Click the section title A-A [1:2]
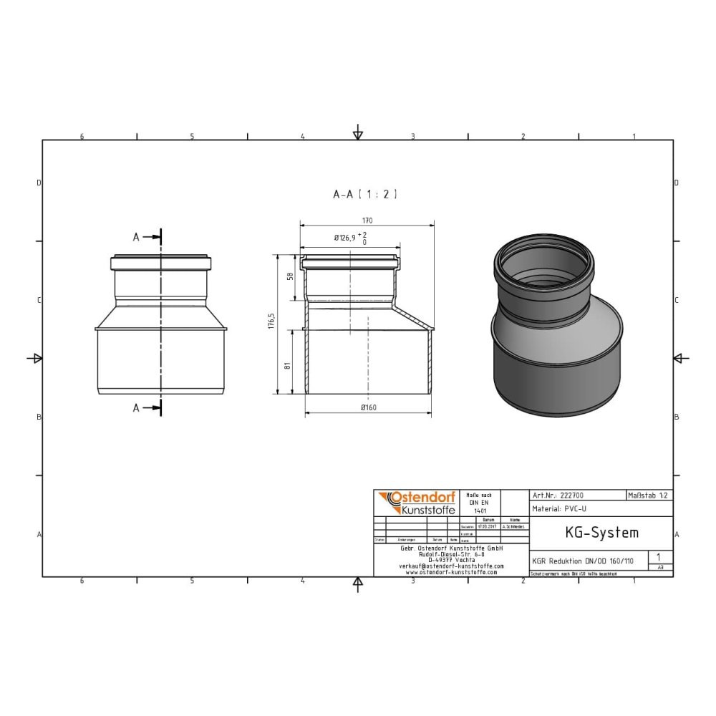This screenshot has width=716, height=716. tap(364, 194)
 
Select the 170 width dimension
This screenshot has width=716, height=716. tap(367, 221)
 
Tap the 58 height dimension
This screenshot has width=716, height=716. tap(289, 276)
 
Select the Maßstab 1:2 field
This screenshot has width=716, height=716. tap(649, 495)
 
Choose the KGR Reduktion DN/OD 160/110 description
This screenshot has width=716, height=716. tap(583, 561)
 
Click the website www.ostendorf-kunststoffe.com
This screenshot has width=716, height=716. tap(450, 572)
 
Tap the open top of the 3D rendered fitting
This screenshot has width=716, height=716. tap(543, 267)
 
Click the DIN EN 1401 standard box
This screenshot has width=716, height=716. tap(480, 503)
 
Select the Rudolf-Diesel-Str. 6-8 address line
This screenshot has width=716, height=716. tap(450, 553)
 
